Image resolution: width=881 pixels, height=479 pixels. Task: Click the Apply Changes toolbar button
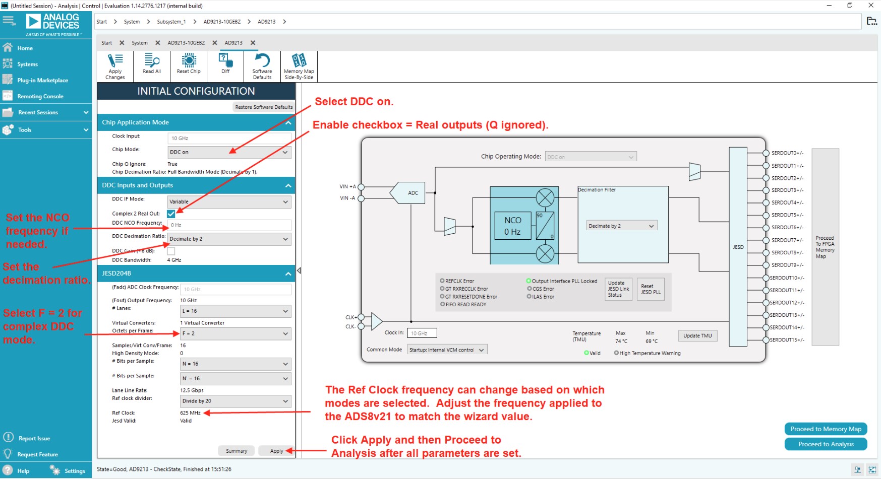click(115, 66)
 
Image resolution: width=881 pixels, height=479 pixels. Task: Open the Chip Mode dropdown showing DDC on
click(229, 152)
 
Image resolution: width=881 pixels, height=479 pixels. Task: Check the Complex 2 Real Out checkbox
click(171, 214)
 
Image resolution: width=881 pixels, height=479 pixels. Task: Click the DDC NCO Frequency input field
click(229, 225)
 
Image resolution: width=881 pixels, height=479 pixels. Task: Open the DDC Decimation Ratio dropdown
click(229, 239)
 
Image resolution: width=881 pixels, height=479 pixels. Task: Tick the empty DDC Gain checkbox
click(171, 251)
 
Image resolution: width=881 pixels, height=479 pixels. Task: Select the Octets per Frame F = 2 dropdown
click(235, 333)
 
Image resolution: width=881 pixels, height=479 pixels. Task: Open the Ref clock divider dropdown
click(235, 401)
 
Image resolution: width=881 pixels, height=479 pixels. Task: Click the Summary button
click(237, 451)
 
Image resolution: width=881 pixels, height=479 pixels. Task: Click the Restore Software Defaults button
click(264, 107)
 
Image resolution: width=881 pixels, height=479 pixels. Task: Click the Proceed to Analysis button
click(826, 444)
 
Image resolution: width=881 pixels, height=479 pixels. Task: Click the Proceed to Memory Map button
click(826, 429)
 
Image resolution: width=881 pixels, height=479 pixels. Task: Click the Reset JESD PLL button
click(650, 289)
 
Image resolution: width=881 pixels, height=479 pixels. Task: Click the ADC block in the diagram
click(412, 193)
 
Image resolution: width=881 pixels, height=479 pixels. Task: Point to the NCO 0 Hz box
click(512, 226)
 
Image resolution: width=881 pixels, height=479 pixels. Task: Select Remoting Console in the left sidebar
click(40, 96)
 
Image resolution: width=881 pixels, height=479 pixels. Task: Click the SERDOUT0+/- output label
click(787, 153)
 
